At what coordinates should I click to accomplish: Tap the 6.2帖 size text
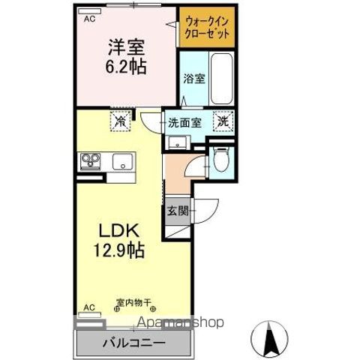pyautogui.click(x=124, y=65)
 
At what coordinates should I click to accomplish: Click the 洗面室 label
pyautogui.click(x=183, y=121)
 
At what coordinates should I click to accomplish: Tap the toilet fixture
pyautogui.click(x=220, y=160)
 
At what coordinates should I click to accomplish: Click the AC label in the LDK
pyautogui.click(x=89, y=307)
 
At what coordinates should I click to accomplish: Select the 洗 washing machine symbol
pyautogui.click(x=223, y=119)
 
